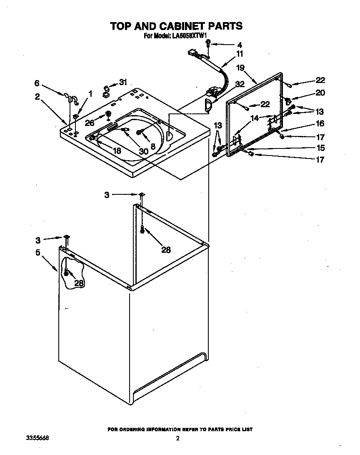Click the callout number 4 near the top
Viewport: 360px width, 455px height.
tap(239, 45)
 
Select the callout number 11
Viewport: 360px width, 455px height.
tap(240, 54)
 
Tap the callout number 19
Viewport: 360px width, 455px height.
tap(240, 68)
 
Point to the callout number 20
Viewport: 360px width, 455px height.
tap(320, 93)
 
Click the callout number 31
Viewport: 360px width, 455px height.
tap(122, 82)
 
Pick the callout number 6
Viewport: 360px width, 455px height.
tap(37, 83)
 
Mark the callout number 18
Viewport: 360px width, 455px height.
tap(117, 151)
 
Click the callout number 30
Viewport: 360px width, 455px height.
tap(143, 151)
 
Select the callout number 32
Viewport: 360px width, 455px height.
tap(240, 84)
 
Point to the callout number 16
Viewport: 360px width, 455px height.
tap(320, 124)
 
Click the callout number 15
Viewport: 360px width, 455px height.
tap(320, 148)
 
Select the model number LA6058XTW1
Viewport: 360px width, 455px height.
tap(189, 36)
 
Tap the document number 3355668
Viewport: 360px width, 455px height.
tap(37, 438)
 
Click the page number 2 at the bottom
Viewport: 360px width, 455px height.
tap(177, 438)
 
